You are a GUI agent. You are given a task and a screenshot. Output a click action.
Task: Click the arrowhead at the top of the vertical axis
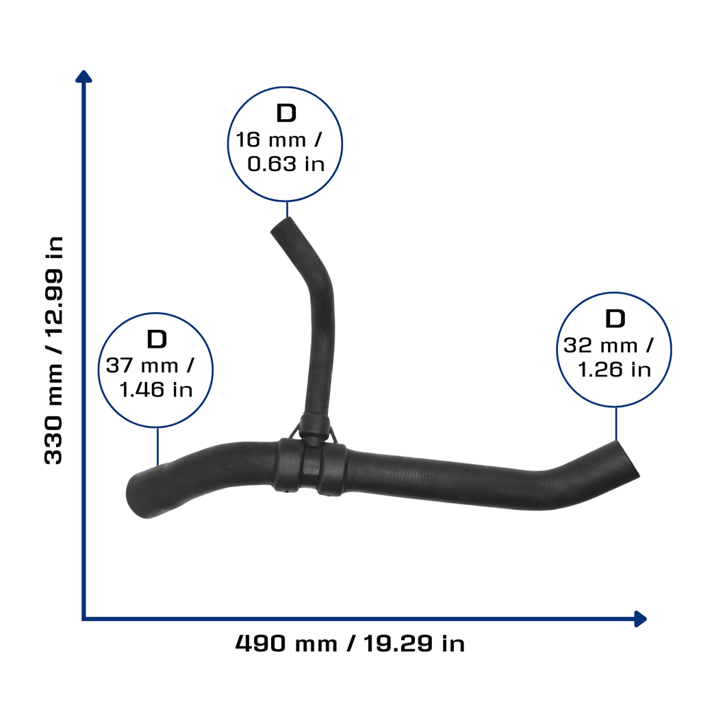coord(84,77)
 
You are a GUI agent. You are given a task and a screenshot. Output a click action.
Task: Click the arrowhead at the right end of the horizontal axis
coord(640,619)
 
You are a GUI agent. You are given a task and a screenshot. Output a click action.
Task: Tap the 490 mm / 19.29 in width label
coord(350,643)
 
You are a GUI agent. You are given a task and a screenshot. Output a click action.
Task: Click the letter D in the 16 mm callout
coord(286,113)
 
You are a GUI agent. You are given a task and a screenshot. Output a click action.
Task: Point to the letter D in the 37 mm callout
coord(157,340)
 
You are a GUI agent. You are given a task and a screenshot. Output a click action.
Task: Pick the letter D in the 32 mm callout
coord(615,319)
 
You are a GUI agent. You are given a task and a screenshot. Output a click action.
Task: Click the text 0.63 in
coord(285,164)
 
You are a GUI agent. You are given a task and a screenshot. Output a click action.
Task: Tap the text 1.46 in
coord(156,390)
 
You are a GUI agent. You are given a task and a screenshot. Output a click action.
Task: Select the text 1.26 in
coord(614,370)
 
